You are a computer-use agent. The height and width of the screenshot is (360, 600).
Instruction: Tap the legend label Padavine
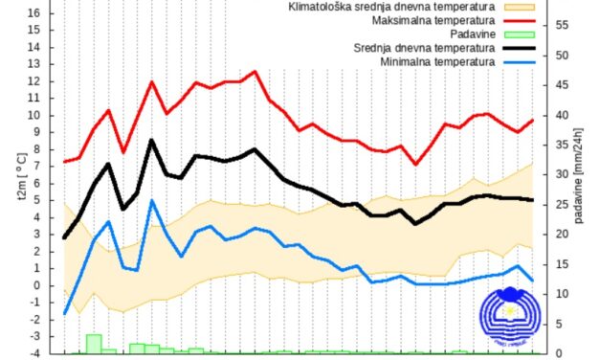[x=473, y=34]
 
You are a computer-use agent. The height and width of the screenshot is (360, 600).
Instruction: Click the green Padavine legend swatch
[x=522, y=34]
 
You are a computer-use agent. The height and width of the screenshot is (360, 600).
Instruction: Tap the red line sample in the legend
[x=522, y=20]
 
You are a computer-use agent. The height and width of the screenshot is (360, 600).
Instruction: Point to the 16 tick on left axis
[x=33, y=13]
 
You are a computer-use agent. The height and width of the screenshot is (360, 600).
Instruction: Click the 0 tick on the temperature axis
[x=35, y=285]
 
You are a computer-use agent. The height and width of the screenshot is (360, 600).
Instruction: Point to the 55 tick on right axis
[x=563, y=26]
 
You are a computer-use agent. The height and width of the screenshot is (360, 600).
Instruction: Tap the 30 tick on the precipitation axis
[x=563, y=174]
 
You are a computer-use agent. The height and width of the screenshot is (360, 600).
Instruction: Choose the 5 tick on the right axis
[x=560, y=324]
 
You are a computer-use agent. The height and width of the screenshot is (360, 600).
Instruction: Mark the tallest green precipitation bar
[x=94, y=343]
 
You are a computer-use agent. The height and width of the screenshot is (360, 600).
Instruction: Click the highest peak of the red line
[x=255, y=71]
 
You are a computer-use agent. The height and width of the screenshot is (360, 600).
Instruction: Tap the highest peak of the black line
[x=152, y=140]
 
